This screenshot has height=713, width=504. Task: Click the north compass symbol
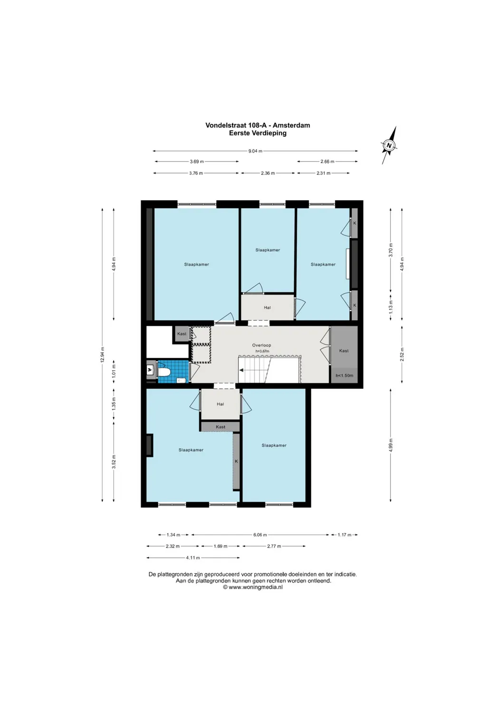389,145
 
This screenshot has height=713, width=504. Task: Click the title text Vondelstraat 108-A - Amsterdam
257,125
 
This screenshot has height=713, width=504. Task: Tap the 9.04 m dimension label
255,151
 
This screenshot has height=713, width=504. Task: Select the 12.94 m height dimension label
102,355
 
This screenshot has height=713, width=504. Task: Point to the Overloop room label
262,346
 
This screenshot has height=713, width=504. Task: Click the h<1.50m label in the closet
344,376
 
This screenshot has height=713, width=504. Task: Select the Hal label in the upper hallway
267,308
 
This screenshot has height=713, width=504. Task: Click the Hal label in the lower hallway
220,404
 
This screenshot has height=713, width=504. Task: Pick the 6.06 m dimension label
260,535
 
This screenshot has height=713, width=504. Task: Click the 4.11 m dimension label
193,558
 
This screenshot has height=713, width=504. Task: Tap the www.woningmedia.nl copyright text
253,587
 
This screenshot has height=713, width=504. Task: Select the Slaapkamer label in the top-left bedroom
196,264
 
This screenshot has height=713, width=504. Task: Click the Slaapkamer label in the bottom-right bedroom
274,445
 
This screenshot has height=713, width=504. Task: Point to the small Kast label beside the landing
182,334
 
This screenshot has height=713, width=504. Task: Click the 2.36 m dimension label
268,173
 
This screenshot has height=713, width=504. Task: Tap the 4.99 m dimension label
391,445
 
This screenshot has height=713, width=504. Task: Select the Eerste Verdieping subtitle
257,133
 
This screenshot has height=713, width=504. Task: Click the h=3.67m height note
262,351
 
